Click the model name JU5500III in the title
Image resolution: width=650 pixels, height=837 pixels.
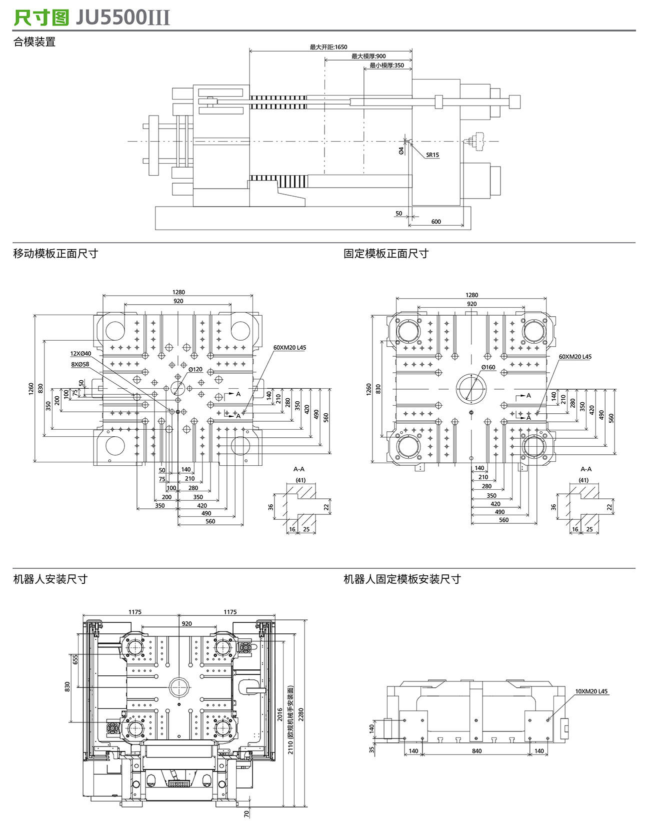coord(123,18)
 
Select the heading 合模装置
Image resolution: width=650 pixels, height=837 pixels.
coord(34,42)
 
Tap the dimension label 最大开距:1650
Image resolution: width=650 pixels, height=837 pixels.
coord(328,47)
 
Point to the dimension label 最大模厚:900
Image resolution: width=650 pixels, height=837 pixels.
coord(368,56)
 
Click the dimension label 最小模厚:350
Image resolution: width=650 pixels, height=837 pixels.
coord(387,65)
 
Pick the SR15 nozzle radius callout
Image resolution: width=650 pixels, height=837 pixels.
coord(432,155)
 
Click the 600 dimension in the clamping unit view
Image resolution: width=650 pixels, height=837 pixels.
coord(436,222)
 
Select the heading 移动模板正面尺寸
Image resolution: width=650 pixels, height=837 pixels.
coord(55,254)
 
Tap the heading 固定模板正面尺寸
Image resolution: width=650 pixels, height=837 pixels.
coord(386,254)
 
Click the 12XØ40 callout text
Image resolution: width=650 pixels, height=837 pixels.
coord(80,354)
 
